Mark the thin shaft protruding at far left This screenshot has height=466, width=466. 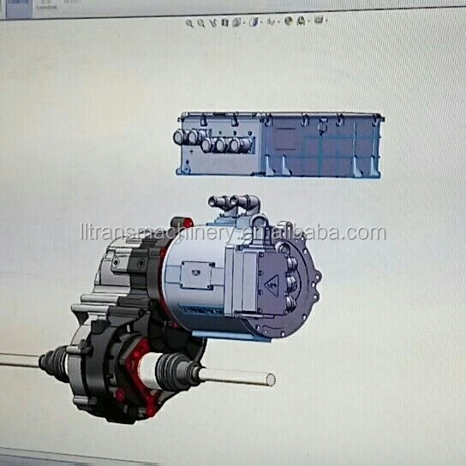[x=17, y=361]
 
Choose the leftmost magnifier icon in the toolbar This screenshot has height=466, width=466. [x=190, y=23]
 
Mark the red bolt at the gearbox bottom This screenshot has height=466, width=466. [x=120, y=396]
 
